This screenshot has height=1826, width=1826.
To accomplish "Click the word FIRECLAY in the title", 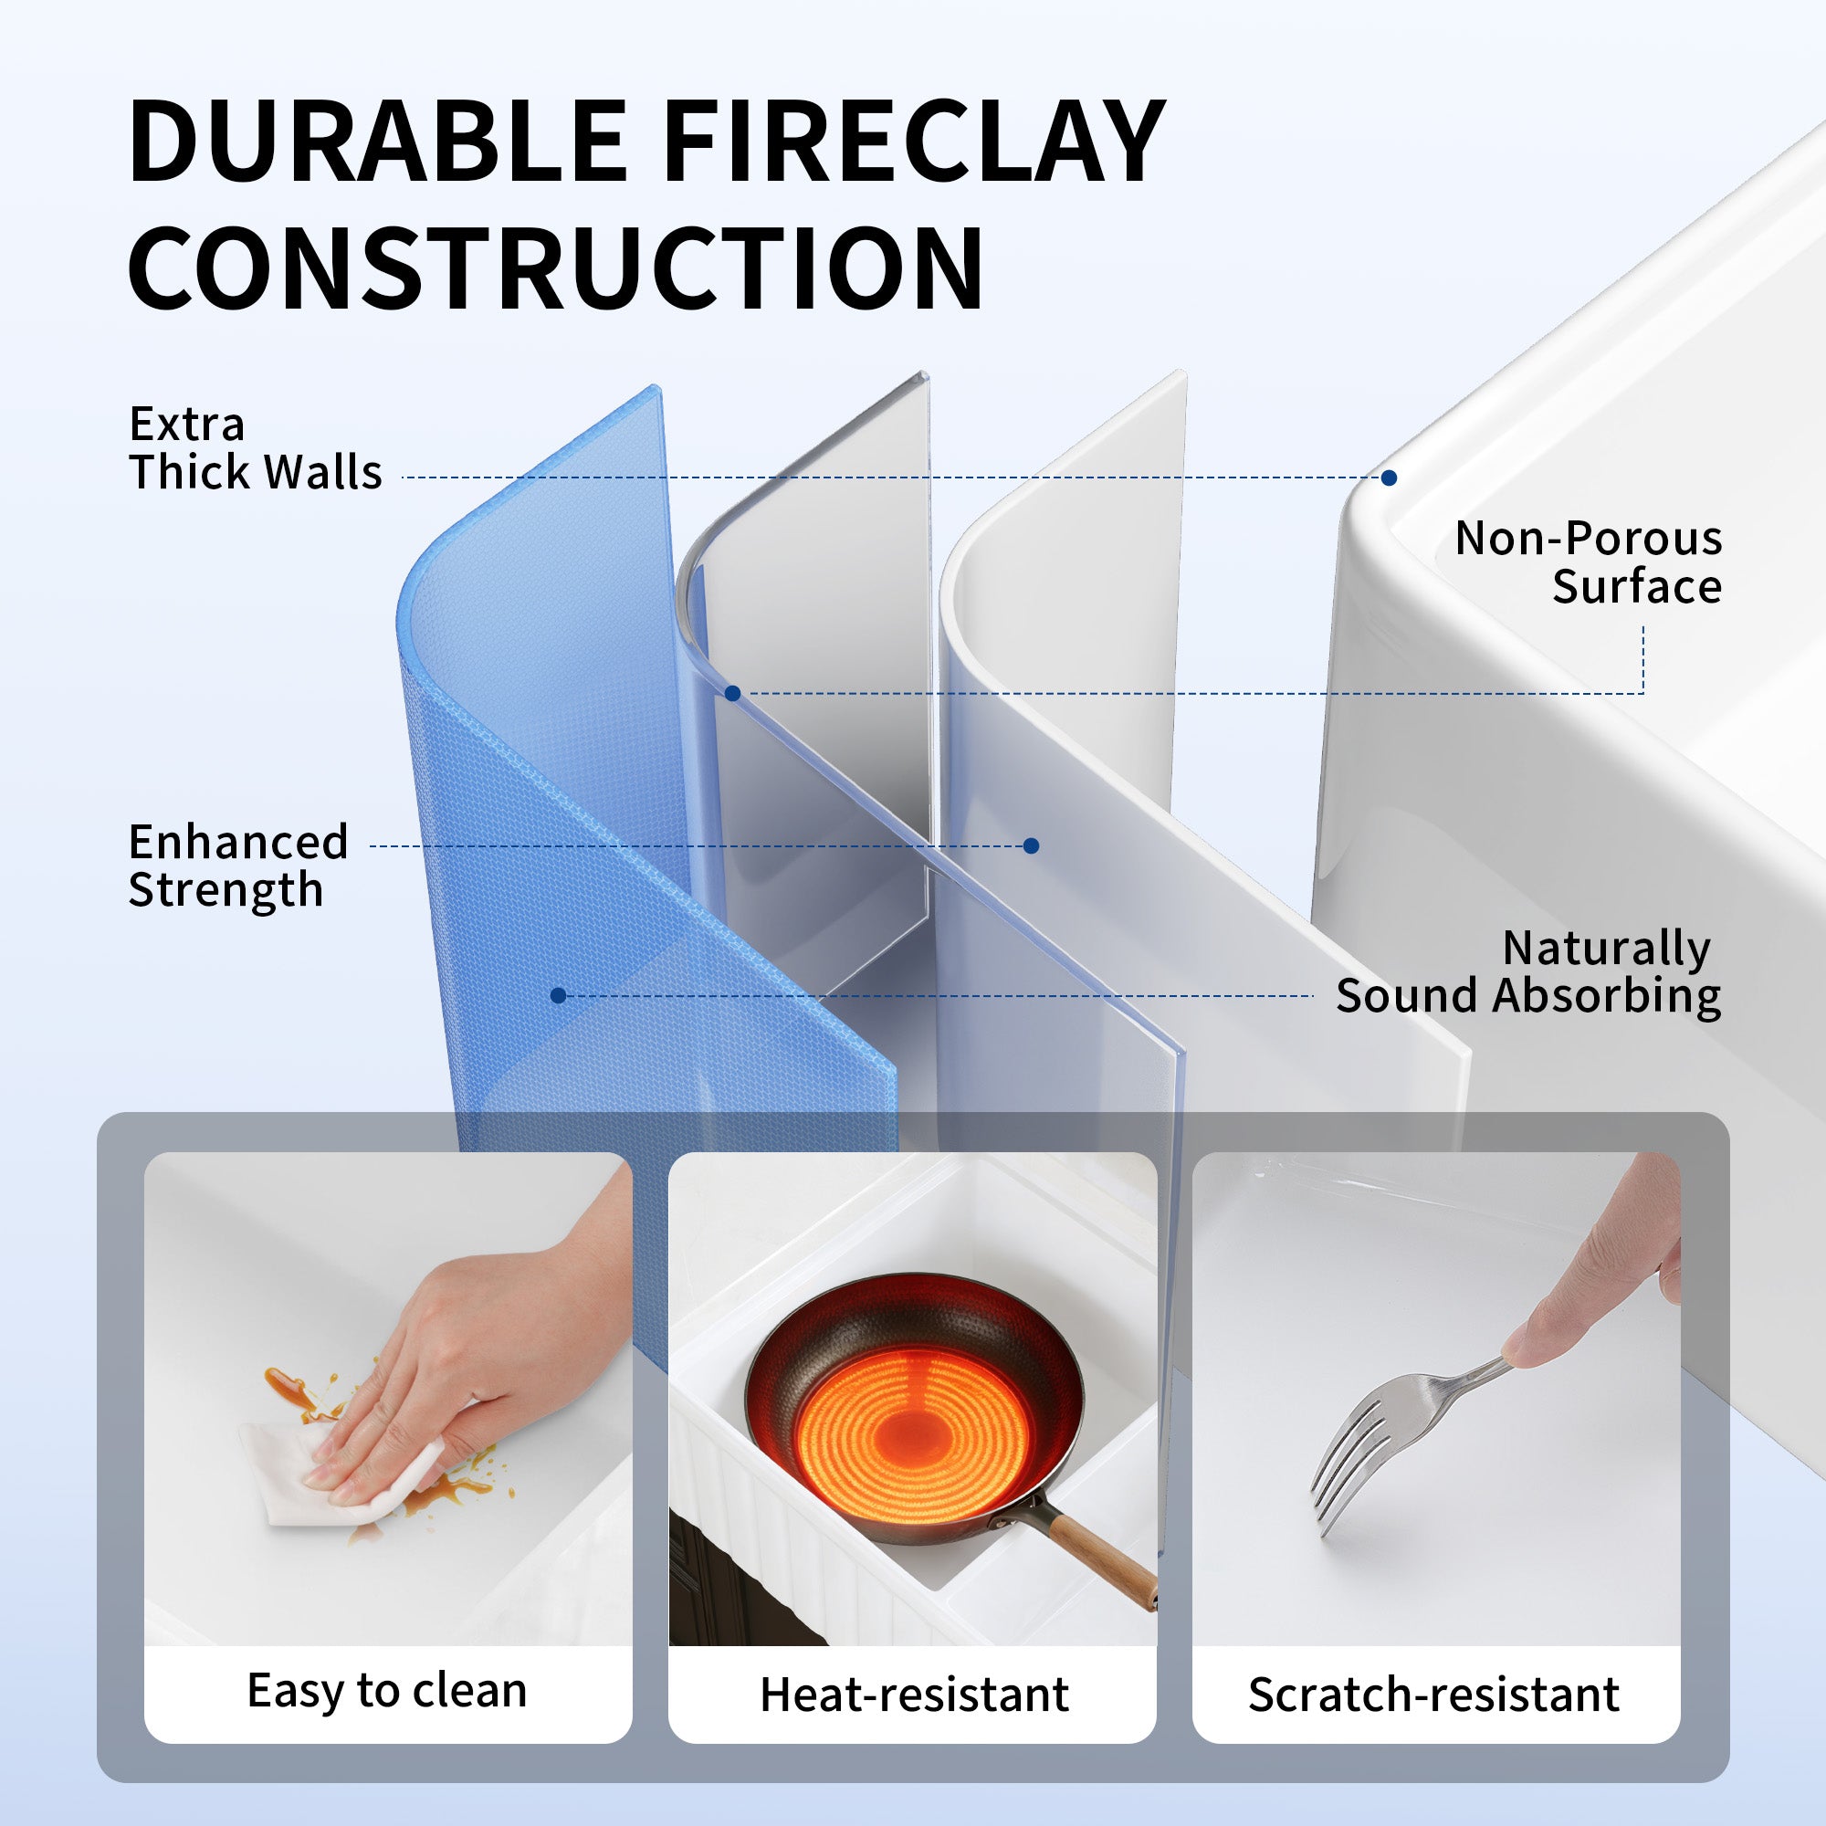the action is tap(914, 141).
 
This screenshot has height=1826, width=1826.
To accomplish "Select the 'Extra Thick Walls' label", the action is tap(256, 448).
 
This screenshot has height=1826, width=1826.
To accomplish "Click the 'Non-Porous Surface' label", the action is tap(1588, 562).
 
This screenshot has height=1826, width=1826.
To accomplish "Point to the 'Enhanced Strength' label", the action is tap(238, 866).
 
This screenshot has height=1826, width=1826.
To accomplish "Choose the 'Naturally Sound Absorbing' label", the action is tap(1528, 972).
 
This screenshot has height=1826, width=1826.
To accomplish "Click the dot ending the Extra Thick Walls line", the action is tap(1389, 477).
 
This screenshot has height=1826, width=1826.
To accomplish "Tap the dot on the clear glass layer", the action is tap(732, 694).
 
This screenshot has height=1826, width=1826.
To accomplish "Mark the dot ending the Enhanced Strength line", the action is tap(1031, 846).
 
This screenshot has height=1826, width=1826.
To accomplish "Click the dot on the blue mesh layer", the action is tap(558, 995).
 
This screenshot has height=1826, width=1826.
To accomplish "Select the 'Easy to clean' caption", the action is tap(387, 1691).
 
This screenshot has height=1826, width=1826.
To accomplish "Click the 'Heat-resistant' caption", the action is tap(914, 1695).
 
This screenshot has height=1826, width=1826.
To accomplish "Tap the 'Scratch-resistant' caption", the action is tap(1433, 1695).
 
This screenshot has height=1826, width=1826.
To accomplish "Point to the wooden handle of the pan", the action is tap(1101, 1558).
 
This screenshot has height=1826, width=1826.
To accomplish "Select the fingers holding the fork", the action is tap(1597, 1286).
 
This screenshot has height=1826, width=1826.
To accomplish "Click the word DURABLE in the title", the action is tap(378, 141).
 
